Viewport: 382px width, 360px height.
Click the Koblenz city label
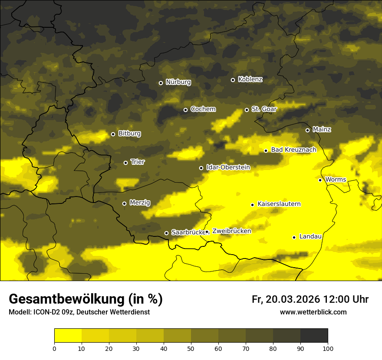coord(250,79)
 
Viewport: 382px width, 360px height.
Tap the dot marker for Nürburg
coord(161,83)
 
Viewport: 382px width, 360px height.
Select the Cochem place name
coord(203,109)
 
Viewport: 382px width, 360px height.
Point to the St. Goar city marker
coord(247,110)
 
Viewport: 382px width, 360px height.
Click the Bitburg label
coord(129,134)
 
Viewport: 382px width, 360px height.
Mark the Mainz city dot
coord(307,130)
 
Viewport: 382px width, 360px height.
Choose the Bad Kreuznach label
coord(293,150)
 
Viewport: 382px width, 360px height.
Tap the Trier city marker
coord(125,163)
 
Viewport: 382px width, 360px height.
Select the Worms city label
coord(335,180)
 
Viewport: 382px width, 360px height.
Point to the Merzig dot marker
coord(124,203)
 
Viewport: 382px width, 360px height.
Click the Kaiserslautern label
coord(279,204)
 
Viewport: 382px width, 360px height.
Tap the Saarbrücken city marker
coord(166,233)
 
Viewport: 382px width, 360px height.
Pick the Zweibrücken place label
coord(231,231)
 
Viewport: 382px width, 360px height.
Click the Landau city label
coord(310,237)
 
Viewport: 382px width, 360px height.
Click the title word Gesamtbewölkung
coord(67,299)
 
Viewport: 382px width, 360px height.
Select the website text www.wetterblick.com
coord(313,312)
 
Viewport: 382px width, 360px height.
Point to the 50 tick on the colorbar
coord(191,348)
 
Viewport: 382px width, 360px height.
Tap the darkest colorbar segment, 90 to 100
coord(314,336)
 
